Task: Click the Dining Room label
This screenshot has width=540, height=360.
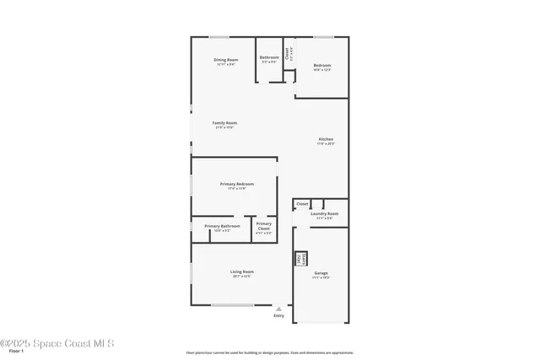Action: [225, 60]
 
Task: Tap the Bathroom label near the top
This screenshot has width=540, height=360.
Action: [269, 57]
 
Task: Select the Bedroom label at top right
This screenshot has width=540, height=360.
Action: [321, 66]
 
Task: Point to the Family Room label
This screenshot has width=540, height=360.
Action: [224, 123]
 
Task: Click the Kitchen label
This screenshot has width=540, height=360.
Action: [326, 139]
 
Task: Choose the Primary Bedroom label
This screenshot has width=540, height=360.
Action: [236, 184]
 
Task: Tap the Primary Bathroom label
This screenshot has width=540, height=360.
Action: [222, 226]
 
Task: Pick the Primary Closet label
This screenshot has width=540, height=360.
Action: [263, 224]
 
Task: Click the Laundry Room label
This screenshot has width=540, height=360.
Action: [324, 213]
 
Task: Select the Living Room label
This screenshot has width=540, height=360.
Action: [242, 271]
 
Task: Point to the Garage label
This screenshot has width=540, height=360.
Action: [321, 273]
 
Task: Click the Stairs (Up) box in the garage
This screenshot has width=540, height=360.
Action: [299, 260]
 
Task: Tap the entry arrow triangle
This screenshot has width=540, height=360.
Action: [278, 309]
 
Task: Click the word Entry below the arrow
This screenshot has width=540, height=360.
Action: [278, 316]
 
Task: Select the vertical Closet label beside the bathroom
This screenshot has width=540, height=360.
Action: [288, 51]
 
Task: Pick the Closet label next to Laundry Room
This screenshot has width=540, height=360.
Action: [301, 203]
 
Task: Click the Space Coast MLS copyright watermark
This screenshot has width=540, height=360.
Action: [57, 343]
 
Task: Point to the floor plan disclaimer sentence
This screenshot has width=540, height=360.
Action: [270, 352]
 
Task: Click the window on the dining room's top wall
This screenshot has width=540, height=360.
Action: [219, 36]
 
